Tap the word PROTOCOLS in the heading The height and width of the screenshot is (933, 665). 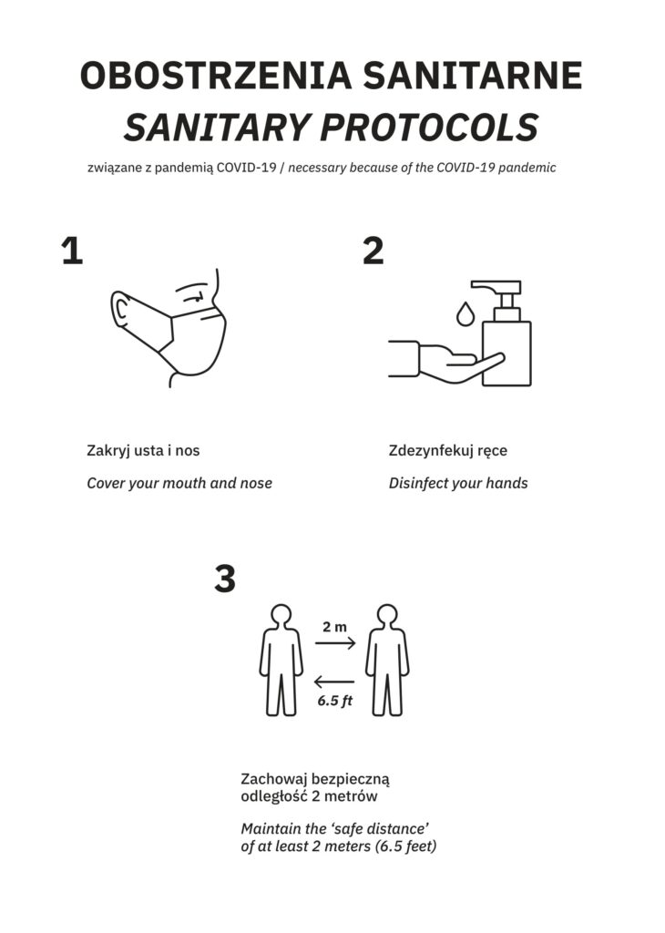433,127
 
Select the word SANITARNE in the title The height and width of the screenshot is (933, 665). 473,75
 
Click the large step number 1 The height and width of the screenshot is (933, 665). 73,251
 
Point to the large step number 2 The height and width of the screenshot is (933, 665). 373,251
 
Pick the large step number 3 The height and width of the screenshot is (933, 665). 225,579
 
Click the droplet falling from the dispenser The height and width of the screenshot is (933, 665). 465,313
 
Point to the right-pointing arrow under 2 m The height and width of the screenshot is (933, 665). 335,642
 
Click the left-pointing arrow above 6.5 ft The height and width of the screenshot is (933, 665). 334,682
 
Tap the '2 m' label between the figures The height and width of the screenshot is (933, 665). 335,627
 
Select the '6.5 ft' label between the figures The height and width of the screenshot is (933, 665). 335,701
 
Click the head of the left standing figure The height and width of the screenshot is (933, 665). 281,615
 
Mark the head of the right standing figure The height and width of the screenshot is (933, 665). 387,615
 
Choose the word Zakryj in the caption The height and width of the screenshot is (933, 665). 108,451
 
